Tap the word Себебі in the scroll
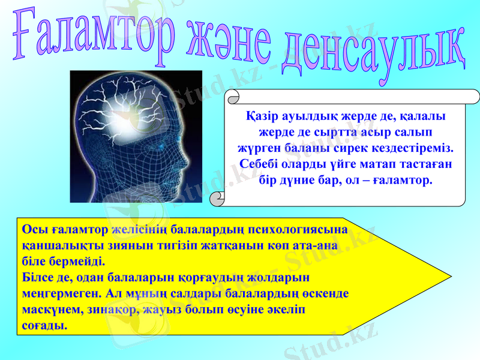pos(262,163)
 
